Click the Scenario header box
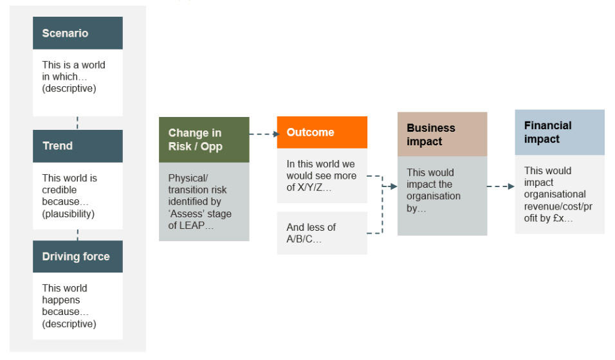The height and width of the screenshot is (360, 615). point(78,33)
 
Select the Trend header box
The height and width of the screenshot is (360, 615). point(78,146)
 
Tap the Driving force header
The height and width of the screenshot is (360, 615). point(78,256)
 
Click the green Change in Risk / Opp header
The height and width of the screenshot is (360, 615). point(204,139)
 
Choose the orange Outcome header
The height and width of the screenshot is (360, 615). point(322,132)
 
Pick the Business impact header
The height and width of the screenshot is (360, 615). point(443,134)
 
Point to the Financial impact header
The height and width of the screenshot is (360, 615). point(560,132)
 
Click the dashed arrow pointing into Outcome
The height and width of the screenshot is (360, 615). point(264,134)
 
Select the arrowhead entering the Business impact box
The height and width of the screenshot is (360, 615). point(394,186)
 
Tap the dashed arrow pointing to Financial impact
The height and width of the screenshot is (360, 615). point(501,186)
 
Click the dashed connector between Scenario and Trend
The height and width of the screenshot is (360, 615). point(78,123)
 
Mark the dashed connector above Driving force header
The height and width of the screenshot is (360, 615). point(78,235)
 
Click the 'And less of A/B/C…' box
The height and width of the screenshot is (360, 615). point(322,233)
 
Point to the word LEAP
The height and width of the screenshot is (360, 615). point(192,226)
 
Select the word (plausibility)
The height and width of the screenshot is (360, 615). point(69,213)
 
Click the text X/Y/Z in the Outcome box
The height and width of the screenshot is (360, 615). point(310,188)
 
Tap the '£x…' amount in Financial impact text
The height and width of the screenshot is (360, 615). point(563,219)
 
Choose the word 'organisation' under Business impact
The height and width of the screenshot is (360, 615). point(434,196)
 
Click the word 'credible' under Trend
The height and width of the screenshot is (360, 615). point(59,190)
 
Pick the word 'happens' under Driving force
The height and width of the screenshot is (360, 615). point(61,300)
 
